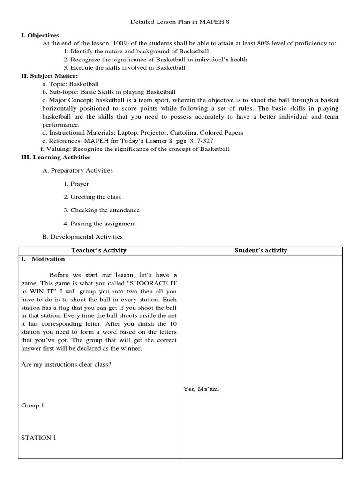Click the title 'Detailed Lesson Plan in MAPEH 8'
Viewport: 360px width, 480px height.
(x=180, y=22)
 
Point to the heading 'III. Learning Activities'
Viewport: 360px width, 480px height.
(x=57, y=157)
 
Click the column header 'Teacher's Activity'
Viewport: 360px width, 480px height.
(x=99, y=250)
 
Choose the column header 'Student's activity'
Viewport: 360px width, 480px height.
(x=261, y=250)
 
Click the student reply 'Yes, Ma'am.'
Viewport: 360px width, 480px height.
(x=201, y=389)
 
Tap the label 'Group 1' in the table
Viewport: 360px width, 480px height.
(x=33, y=405)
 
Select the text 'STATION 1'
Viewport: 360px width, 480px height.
(x=38, y=438)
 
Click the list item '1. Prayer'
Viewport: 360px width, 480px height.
(x=76, y=184)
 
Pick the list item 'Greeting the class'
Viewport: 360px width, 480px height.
(x=96, y=197)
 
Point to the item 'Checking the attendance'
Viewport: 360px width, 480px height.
(x=105, y=210)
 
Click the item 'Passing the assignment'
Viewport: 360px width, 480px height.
(x=103, y=224)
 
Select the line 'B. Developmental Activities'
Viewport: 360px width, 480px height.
(x=82, y=237)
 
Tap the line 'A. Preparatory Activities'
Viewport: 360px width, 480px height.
(x=77, y=171)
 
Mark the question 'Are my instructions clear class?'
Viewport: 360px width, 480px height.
(x=67, y=365)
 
